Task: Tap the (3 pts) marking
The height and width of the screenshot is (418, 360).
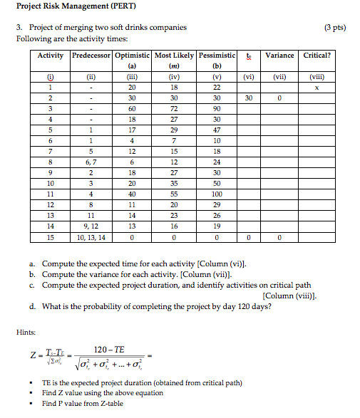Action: (x=334, y=28)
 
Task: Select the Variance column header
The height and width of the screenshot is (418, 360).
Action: (x=279, y=56)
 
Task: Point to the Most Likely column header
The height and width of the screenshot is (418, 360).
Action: (x=173, y=56)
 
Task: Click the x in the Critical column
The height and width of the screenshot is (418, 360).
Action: (x=317, y=88)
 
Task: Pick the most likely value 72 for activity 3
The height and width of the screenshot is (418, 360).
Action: (x=173, y=109)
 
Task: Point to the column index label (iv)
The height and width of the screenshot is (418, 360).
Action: (x=173, y=77)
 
